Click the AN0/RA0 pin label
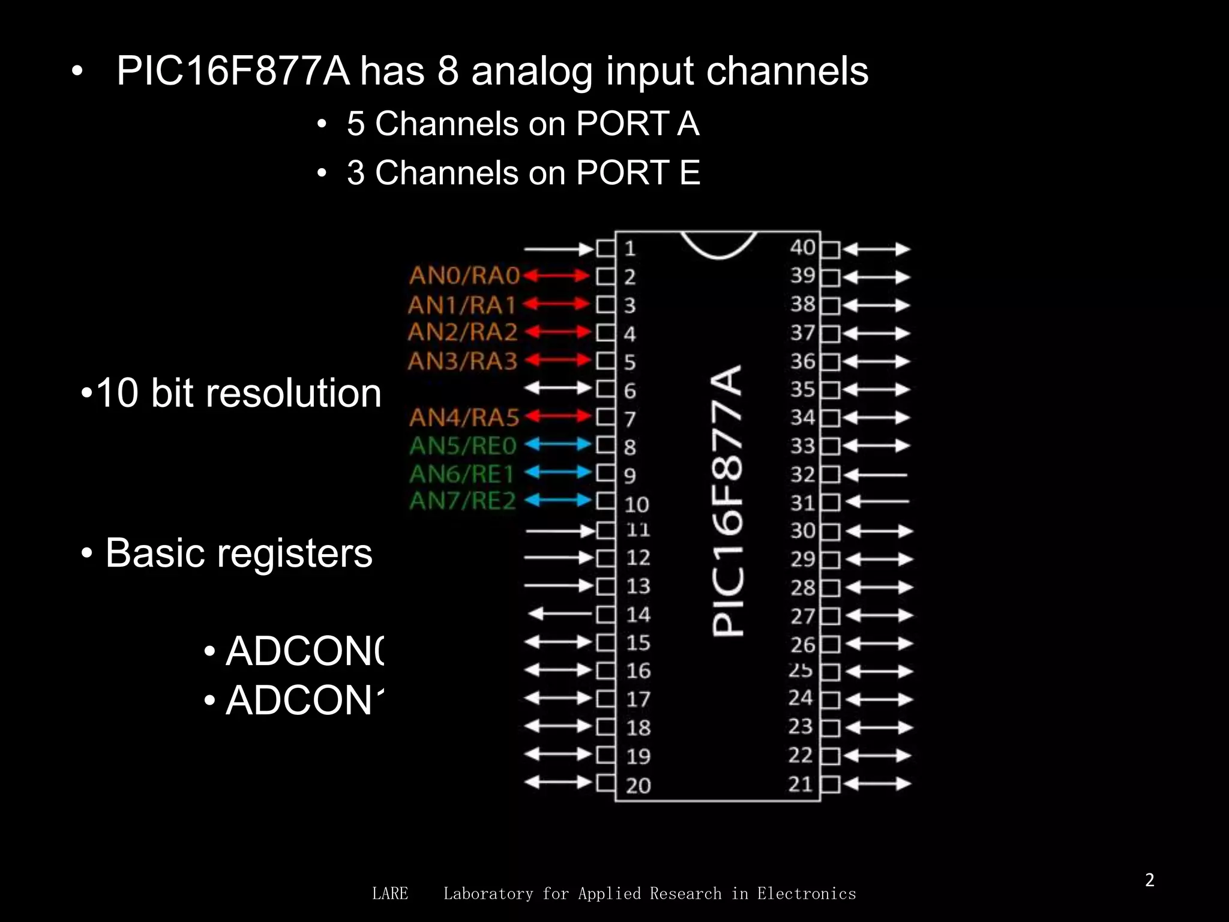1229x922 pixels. [464, 276]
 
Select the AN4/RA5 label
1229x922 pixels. [464, 417]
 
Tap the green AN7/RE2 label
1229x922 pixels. [463, 501]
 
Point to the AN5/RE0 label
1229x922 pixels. [463, 446]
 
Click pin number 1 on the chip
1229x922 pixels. [630, 249]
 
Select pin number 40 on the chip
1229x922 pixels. [802, 247]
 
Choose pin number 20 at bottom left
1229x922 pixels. [638, 785]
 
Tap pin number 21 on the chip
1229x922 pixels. [801, 784]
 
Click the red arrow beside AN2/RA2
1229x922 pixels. [557, 332]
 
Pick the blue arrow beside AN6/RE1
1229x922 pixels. [557, 472]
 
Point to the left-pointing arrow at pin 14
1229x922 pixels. [559, 613]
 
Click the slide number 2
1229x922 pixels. [1149, 880]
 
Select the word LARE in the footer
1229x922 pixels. [390, 894]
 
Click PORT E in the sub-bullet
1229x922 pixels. [638, 173]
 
